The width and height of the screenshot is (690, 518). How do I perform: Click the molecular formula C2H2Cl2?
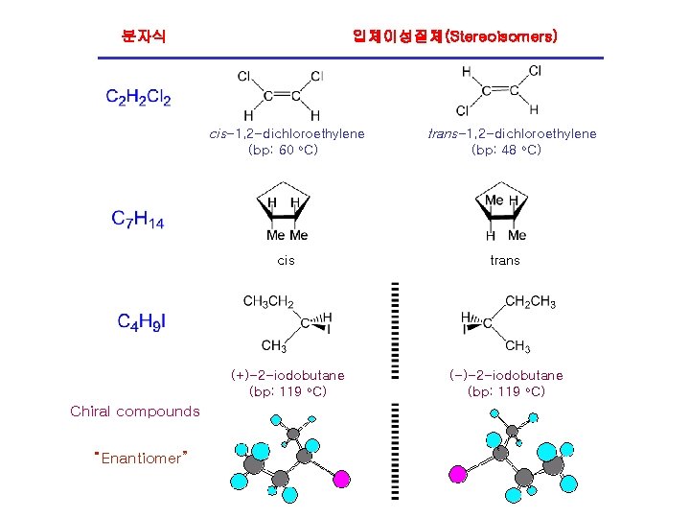(139, 97)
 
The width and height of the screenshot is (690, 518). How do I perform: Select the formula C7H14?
(138, 220)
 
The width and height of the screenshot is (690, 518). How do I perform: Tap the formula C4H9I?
(142, 321)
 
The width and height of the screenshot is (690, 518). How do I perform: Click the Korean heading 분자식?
(144, 36)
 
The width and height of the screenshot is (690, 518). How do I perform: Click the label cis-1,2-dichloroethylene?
(287, 133)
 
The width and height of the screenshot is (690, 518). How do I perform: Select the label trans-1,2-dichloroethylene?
(512, 133)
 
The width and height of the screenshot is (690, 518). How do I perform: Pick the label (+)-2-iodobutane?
(287, 375)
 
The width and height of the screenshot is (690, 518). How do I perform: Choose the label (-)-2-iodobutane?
(506, 375)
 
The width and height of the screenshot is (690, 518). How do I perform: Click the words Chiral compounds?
(135, 412)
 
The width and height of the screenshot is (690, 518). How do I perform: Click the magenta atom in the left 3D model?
(343, 476)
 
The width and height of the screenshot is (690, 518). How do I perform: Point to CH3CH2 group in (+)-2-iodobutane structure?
(268, 302)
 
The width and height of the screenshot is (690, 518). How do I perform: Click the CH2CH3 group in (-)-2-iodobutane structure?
(530, 302)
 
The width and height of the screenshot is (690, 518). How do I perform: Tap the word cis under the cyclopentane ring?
(286, 260)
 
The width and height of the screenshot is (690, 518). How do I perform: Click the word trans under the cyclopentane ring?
(504, 260)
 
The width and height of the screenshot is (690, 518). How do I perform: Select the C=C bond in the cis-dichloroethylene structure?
(282, 95)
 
